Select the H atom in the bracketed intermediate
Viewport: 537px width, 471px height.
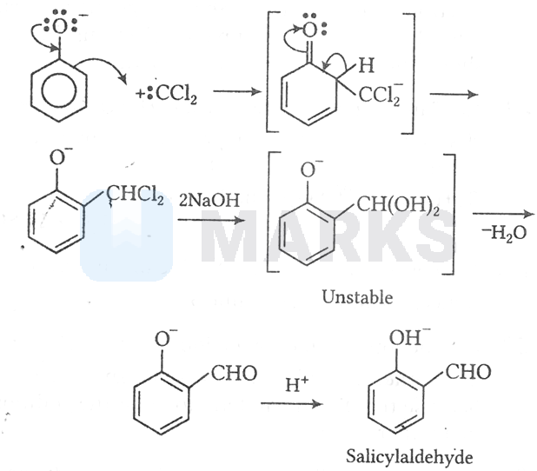366,65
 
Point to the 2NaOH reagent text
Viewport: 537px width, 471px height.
209,200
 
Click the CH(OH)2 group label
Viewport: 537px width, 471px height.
398,205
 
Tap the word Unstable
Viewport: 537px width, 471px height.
357,297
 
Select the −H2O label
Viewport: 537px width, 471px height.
504,233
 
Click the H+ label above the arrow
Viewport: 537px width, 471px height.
297,384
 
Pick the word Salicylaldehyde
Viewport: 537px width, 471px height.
409,457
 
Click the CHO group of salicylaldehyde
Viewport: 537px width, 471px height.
468,372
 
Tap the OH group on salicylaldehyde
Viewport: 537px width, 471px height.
408,337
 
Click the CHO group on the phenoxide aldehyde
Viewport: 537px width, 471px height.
234,373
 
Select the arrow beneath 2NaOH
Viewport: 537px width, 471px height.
212,220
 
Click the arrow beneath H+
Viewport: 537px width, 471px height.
292,403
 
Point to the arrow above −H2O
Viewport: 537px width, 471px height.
503,214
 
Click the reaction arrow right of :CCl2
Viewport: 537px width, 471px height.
237,91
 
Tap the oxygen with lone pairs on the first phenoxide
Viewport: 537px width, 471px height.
60,26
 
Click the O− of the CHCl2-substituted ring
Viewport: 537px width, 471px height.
60,157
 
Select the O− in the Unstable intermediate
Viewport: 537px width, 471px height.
310,169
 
